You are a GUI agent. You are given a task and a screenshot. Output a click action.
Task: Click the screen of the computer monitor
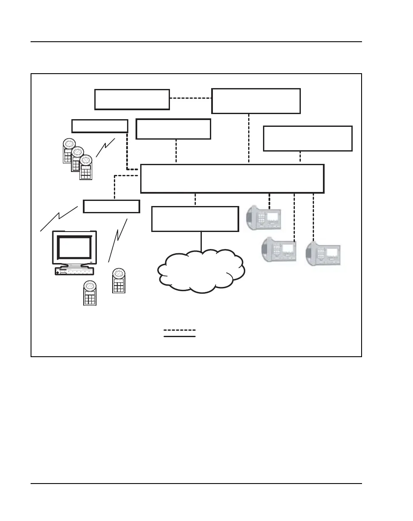click(75, 247)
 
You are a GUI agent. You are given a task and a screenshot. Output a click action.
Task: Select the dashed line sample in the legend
click(180, 330)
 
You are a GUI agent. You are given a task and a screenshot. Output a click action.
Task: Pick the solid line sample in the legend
click(180, 337)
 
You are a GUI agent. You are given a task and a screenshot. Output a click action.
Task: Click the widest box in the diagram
click(232, 178)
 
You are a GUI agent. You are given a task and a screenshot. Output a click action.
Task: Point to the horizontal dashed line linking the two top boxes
click(190, 98)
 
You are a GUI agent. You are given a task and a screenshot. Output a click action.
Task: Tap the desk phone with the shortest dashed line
click(264, 218)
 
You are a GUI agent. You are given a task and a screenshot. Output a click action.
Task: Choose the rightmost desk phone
click(324, 255)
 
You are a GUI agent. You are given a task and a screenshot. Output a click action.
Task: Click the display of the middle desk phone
click(289, 248)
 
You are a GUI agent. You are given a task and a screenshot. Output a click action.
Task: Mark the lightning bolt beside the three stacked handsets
click(105, 148)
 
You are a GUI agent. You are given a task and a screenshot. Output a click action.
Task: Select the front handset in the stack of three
click(86, 167)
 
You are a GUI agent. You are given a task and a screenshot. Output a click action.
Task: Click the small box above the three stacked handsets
click(100, 126)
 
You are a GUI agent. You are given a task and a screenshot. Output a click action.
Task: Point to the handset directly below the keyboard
click(90, 293)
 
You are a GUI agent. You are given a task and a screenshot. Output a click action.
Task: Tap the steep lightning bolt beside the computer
click(118, 240)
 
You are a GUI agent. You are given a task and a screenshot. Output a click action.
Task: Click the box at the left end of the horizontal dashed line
click(132, 99)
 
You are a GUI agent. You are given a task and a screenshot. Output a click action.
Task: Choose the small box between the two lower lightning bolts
click(111, 206)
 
